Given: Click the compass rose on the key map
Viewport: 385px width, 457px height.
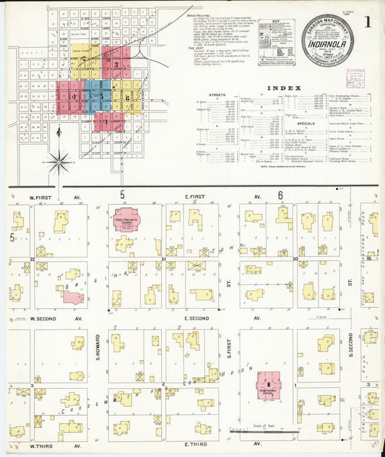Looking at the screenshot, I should click(x=59, y=161).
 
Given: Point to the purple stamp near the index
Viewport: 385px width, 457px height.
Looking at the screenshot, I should click(x=355, y=79).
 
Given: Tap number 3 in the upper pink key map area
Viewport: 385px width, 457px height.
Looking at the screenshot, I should click(x=116, y=64).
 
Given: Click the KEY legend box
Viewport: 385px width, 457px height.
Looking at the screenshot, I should click(x=277, y=42).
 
